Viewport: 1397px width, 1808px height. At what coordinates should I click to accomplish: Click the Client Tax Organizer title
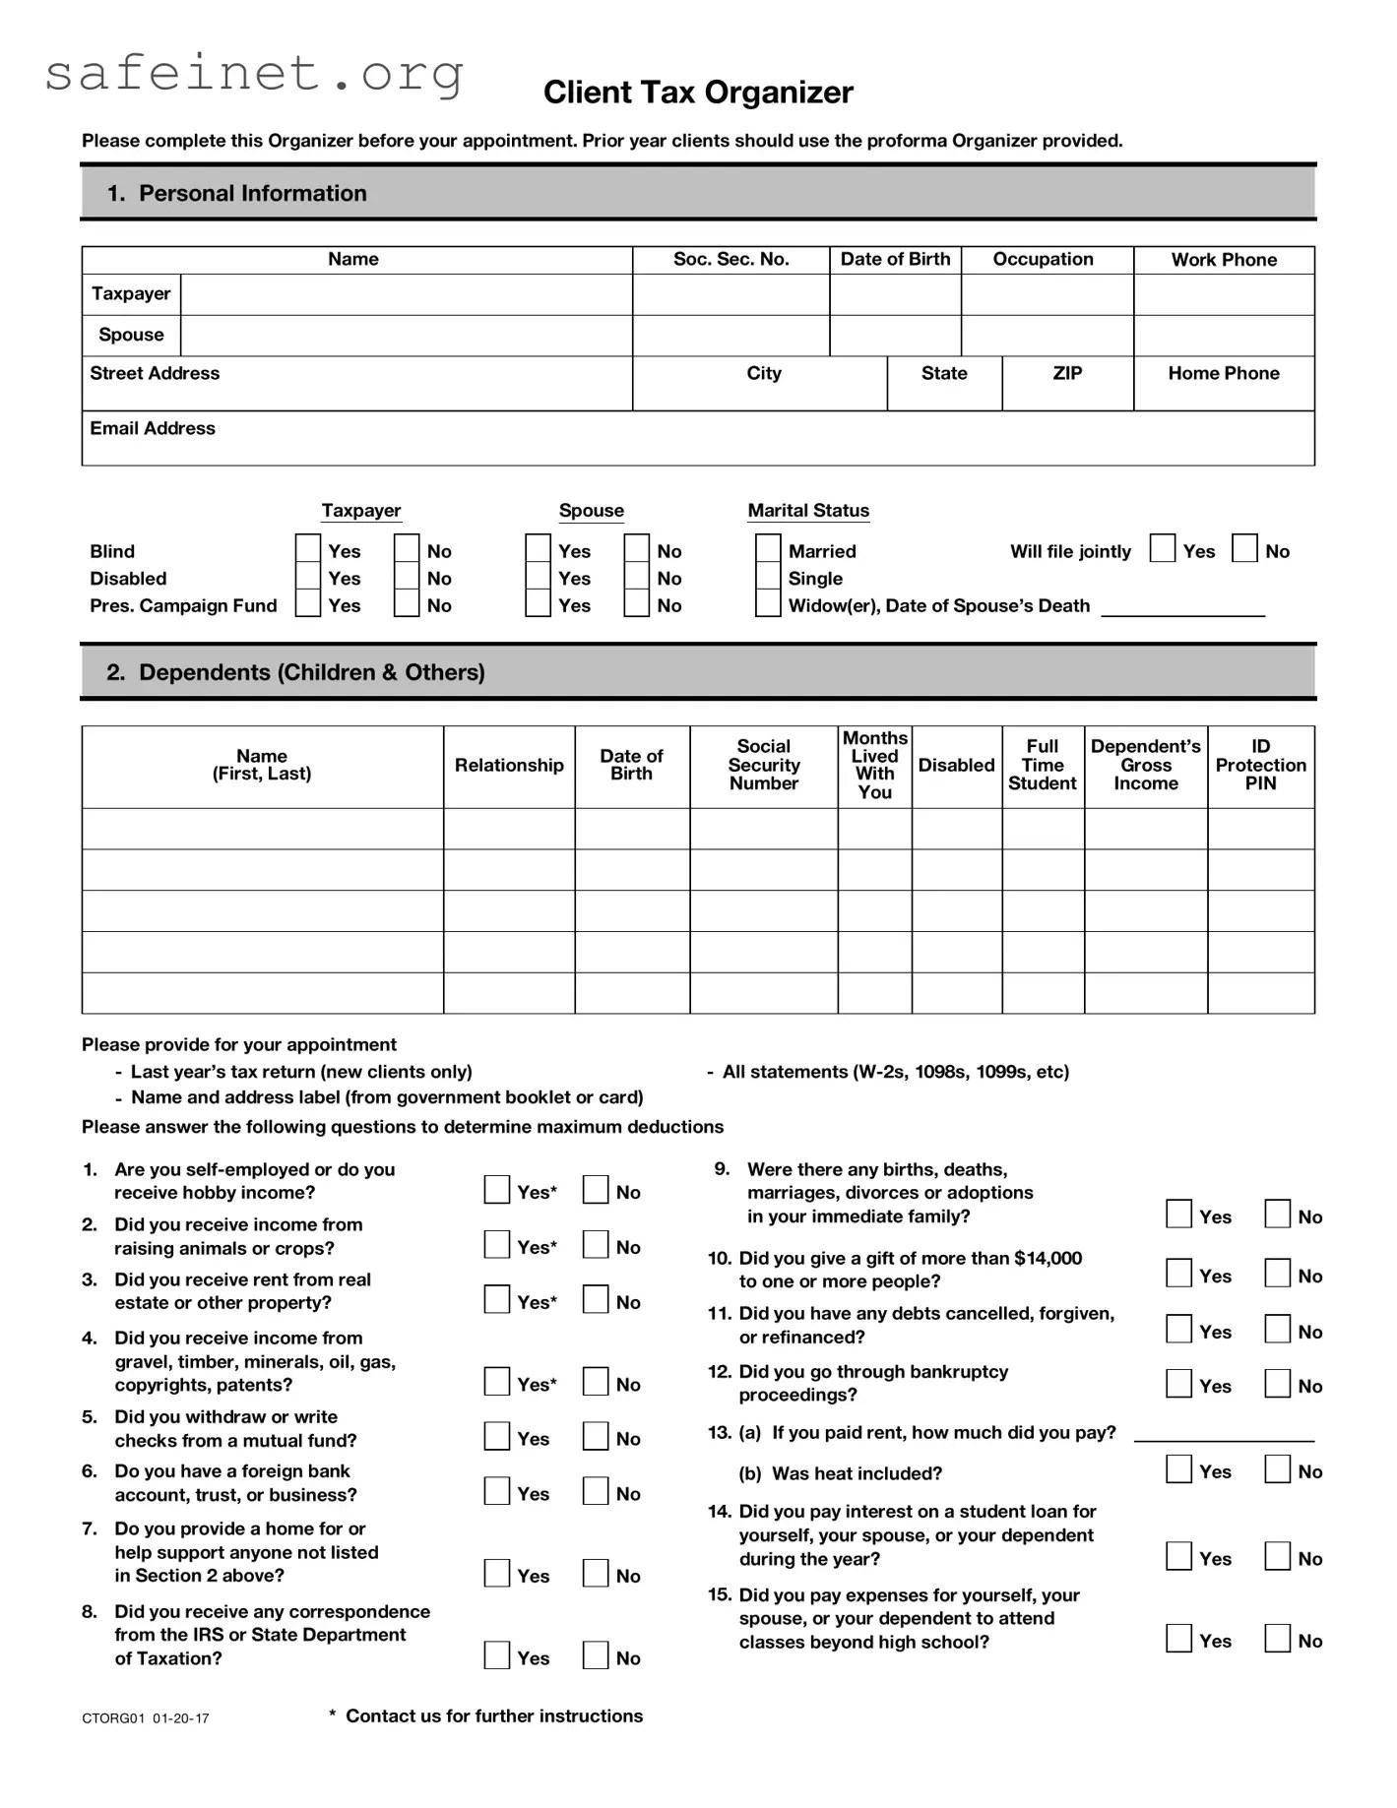[698, 93]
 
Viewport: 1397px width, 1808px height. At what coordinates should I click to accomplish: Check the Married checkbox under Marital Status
[768, 548]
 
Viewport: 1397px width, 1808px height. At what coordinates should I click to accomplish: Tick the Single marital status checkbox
[768, 576]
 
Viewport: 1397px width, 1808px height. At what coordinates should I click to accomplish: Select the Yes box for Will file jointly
[1163, 548]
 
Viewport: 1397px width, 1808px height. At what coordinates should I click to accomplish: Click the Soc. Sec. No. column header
[730, 260]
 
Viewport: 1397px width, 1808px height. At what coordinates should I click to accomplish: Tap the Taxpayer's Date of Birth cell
[895, 294]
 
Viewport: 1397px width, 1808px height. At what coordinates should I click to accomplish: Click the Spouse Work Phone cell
[1224, 336]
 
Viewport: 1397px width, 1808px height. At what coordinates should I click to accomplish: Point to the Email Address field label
[153, 428]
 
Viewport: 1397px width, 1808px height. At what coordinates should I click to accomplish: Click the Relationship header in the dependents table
[509, 766]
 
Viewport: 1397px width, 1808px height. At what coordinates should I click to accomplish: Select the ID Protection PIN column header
[1260, 766]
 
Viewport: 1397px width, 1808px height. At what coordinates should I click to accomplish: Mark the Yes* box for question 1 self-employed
[497, 1190]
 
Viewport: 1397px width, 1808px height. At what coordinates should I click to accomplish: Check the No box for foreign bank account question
[596, 1491]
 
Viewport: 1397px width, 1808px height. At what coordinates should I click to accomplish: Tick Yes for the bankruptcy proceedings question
[1178, 1383]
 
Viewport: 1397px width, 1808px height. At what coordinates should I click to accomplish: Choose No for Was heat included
[1278, 1469]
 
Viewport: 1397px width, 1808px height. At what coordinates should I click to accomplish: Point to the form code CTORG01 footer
[146, 1718]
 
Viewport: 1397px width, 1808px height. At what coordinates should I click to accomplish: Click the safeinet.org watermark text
[254, 74]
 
